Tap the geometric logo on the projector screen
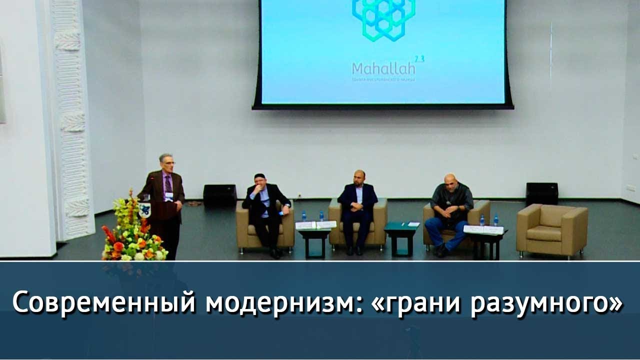point(383,19)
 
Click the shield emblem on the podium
point(144,210)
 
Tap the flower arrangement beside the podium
point(132,230)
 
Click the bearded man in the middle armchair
point(357,207)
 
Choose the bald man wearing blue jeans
point(449,210)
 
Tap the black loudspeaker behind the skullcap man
point(220,194)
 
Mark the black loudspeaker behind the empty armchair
point(541,193)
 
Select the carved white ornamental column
point(72,115)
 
